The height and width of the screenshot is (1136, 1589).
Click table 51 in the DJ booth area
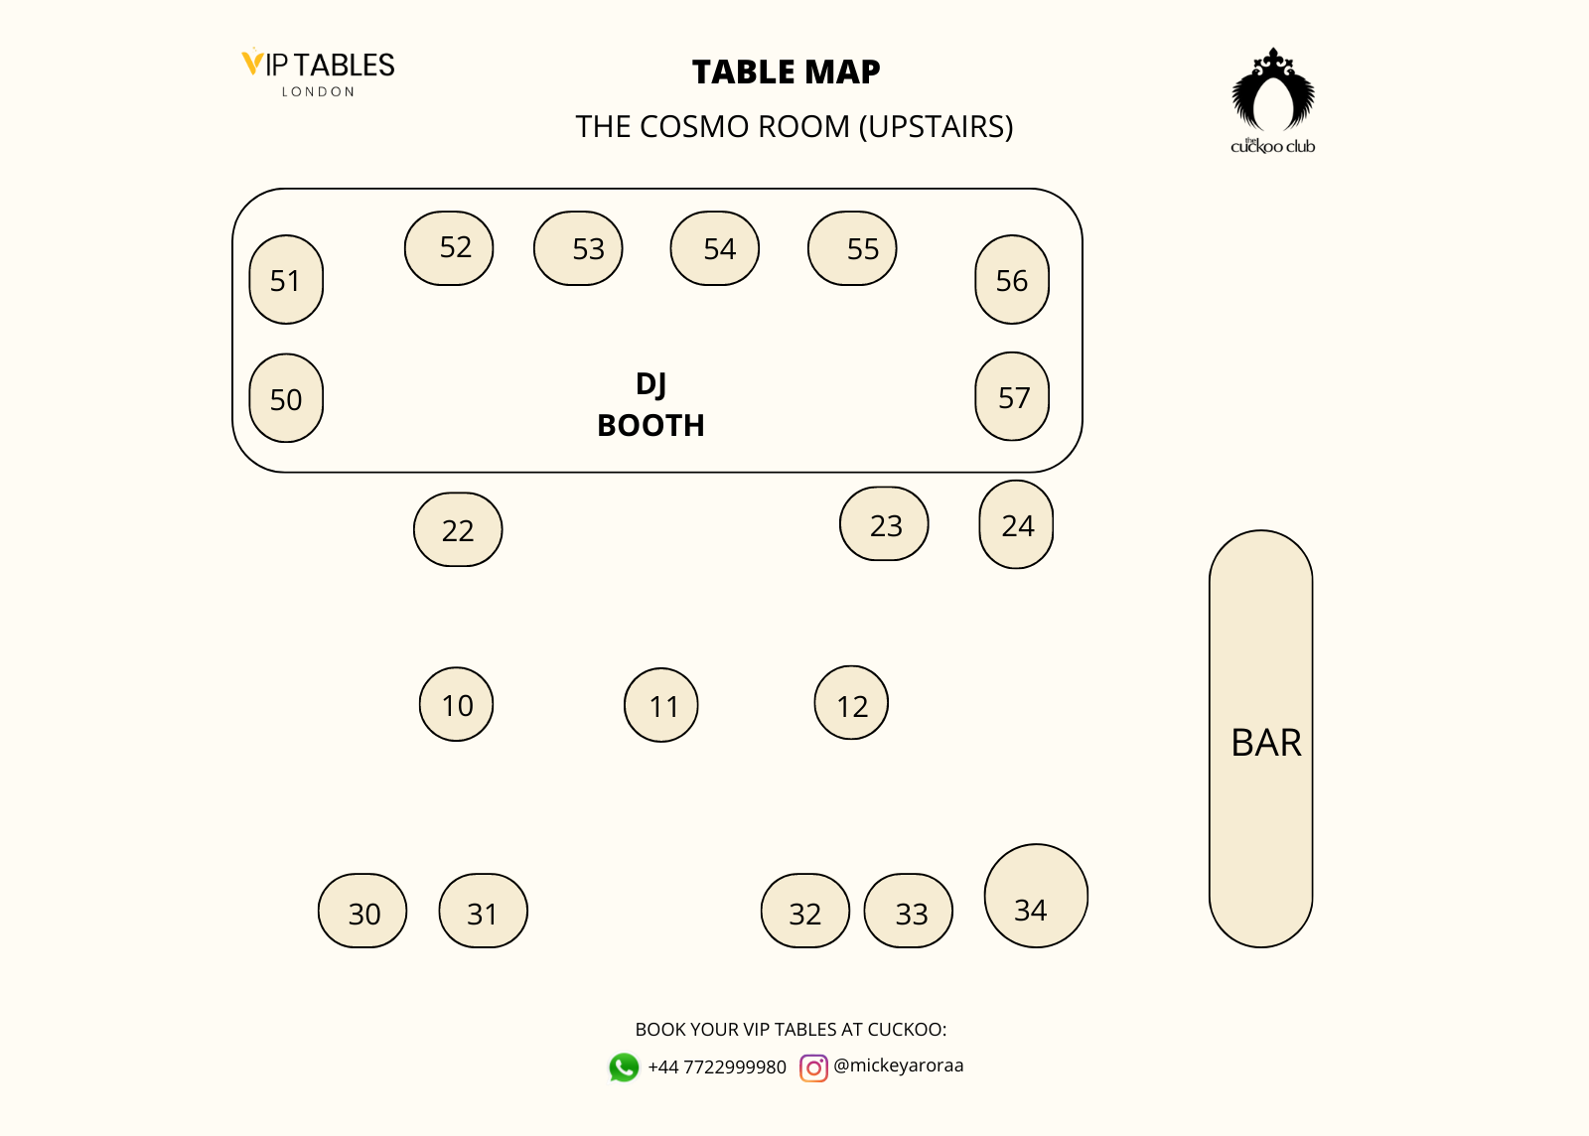tap(286, 280)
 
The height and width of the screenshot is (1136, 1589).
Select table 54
tap(715, 248)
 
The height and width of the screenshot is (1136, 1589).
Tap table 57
tap(1012, 397)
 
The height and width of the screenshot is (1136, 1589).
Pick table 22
tap(458, 530)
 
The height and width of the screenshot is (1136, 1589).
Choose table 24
tap(1016, 525)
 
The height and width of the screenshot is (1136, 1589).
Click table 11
tap(661, 705)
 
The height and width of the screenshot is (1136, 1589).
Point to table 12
tap(851, 703)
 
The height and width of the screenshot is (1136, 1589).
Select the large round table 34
tap(1036, 897)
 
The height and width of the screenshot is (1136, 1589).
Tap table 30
tap(362, 912)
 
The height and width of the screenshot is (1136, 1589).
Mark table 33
tap(909, 912)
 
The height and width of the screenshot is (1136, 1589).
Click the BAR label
tap(1265, 743)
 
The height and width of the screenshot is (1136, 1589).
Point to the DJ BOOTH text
tap(650, 405)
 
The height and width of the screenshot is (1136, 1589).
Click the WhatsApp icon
tap(624, 1067)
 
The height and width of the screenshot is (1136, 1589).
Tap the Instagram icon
tap(813, 1067)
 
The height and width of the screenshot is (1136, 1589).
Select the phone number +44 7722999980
tap(717, 1067)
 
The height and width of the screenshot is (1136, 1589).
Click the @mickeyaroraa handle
tap(899, 1065)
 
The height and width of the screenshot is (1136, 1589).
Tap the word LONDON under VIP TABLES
tap(318, 91)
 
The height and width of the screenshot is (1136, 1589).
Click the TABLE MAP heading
tap(786, 72)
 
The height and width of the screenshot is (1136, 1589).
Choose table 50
tap(286, 398)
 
